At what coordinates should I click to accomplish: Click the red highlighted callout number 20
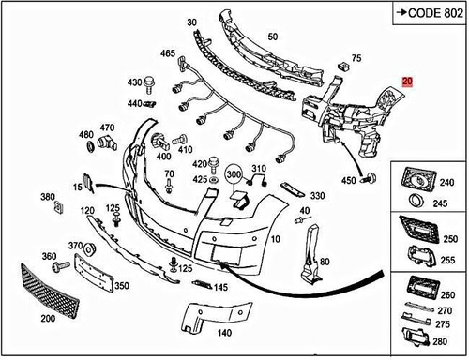pos(406,82)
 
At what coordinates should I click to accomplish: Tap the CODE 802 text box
pos(429,13)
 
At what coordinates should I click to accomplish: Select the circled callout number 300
pos(234,173)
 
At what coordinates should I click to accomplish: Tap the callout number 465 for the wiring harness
pos(168,54)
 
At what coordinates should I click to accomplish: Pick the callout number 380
pos(49,197)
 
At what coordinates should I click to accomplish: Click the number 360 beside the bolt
pos(50,256)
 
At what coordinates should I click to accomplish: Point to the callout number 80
pos(325,262)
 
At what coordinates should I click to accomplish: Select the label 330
pos(317,196)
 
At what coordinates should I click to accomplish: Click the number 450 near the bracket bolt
pos(347,180)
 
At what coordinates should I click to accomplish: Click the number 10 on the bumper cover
pos(275,240)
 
